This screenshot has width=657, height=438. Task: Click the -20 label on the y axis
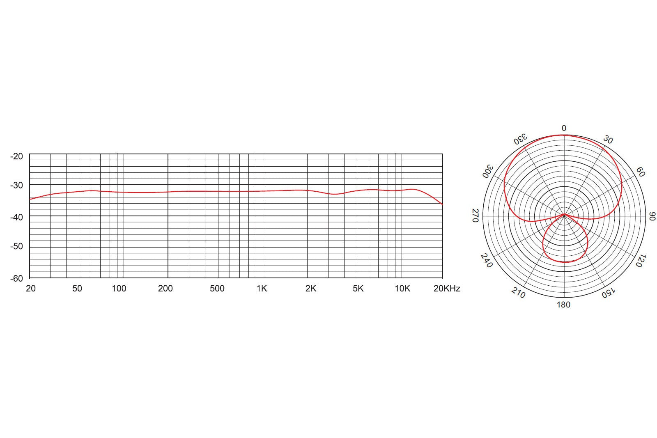[x=16, y=156]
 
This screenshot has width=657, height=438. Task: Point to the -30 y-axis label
[x=16, y=185]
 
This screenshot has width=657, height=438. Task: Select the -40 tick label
[x=16, y=217]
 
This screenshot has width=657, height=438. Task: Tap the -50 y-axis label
[x=16, y=246]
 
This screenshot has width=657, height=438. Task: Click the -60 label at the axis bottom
[x=16, y=278]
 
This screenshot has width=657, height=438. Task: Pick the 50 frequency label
[x=77, y=289]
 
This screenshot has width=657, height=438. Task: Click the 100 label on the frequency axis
[x=119, y=289]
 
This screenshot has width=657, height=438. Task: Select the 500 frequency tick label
[x=217, y=289]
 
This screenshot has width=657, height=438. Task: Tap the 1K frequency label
[x=262, y=289]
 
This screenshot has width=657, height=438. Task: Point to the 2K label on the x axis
[x=311, y=289]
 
